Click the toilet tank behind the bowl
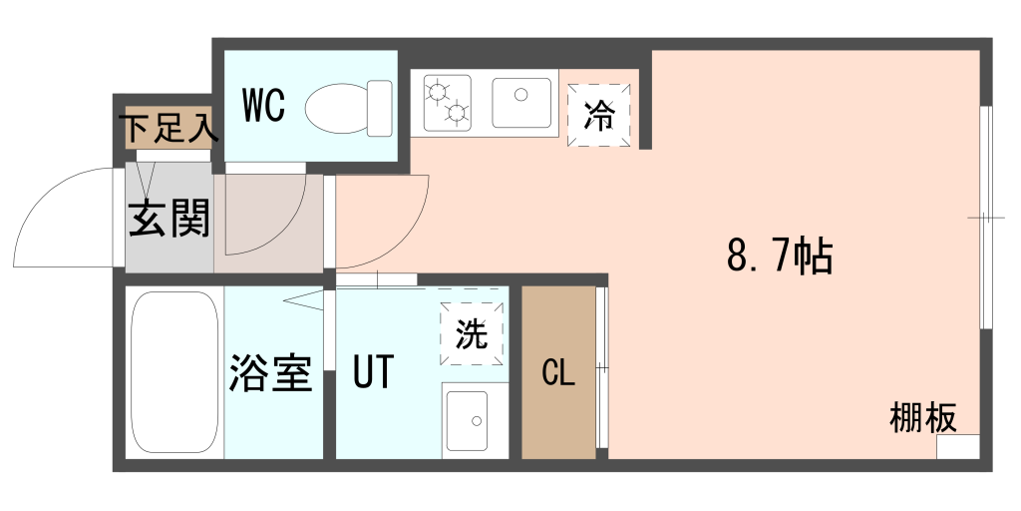(380, 108)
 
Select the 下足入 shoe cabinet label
(170, 129)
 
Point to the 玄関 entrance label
(170, 219)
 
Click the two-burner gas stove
(448, 103)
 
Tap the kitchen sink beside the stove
(521, 103)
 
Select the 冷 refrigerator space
(598, 115)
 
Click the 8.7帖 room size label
(780, 256)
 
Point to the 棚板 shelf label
(923, 417)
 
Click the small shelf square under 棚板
(958, 446)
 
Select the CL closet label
(558, 373)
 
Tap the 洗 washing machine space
(472, 334)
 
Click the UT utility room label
(374, 371)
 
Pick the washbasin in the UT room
(467, 421)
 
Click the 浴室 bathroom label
(271, 373)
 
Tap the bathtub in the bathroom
(174, 372)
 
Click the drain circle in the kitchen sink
(520, 95)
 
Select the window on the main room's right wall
(986, 217)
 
